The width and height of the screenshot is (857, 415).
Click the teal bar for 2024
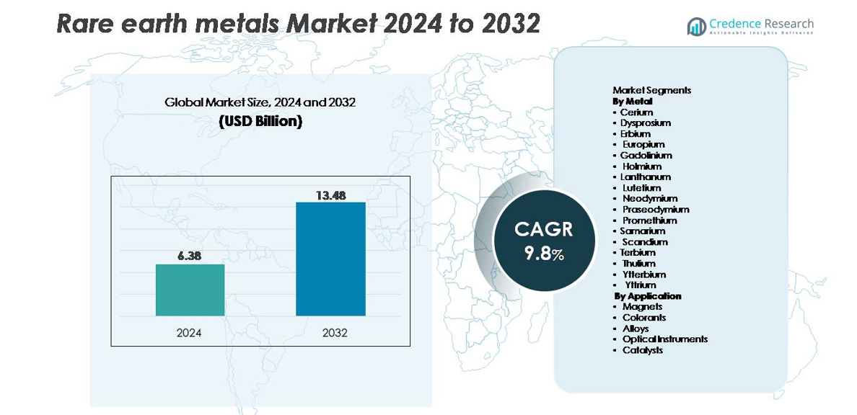(x=190, y=290)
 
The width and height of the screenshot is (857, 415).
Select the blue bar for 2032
(x=330, y=259)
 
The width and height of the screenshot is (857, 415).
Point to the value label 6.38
(x=190, y=256)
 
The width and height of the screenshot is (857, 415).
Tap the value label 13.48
(x=330, y=194)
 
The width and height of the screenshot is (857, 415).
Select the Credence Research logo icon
(x=696, y=27)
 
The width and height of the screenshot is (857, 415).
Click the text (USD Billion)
(x=260, y=121)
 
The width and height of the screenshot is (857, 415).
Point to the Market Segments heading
(x=651, y=90)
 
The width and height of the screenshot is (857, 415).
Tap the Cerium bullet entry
(x=636, y=112)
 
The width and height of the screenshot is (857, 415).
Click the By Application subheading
(x=648, y=296)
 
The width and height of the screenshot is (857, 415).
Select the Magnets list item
(x=642, y=307)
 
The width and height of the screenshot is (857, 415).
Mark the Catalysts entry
(x=642, y=350)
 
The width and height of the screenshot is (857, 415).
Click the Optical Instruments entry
(x=664, y=339)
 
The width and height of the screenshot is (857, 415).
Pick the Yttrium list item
(x=641, y=285)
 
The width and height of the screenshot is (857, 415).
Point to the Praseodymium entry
(x=656, y=209)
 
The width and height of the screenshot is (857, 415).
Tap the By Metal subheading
(x=633, y=101)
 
